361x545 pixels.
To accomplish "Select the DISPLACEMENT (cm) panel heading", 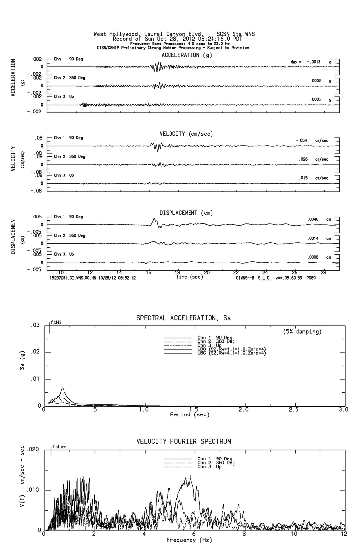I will [x=186, y=213].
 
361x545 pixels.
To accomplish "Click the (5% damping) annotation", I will [x=302, y=332].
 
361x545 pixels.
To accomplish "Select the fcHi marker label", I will [x=56, y=323].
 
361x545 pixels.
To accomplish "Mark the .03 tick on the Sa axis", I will [x=35, y=325].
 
